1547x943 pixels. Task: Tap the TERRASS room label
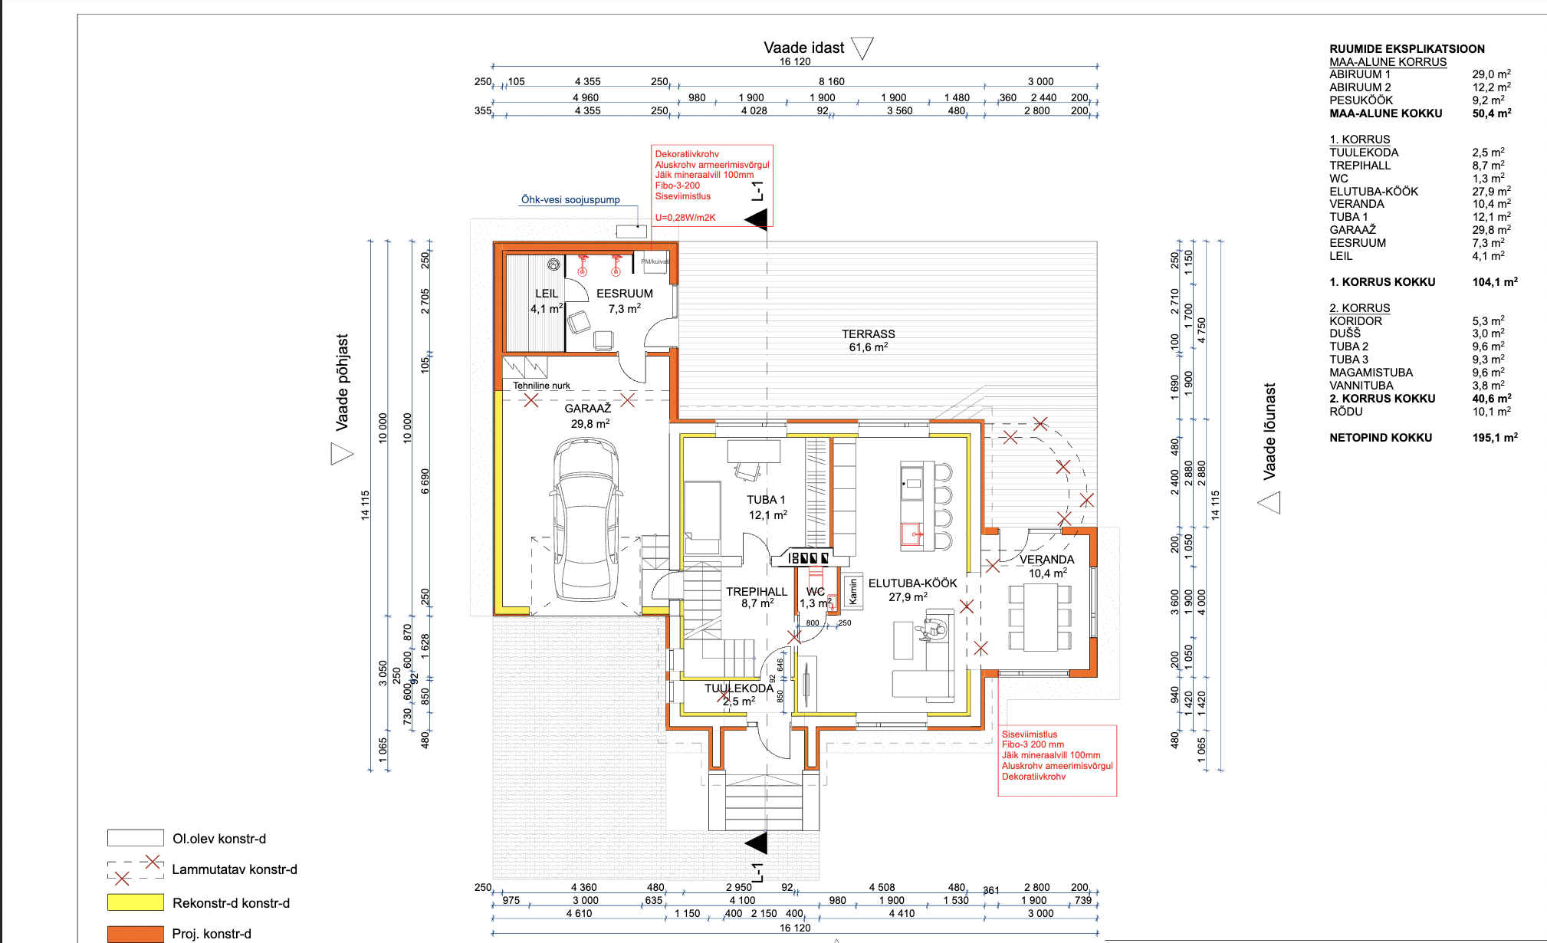pyautogui.click(x=868, y=334)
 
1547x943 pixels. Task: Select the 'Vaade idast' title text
pyautogui.click(x=803, y=48)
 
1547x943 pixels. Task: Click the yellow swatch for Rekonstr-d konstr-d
pyautogui.click(x=136, y=902)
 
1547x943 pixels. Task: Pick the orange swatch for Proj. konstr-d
pyautogui.click(x=136, y=934)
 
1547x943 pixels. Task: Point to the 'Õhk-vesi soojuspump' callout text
pyautogui.click(x=570, y=200)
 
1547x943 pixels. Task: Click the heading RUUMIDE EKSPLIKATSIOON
pyautogui.click(x=1407, y=49)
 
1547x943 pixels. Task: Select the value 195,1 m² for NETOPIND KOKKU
pyautogui.click(x=1494, y=438)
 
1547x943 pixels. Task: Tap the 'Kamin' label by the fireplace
pyautogui.click(x=853, y=591)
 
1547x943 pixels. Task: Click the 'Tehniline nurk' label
pyautogui.click(x=541, y=386)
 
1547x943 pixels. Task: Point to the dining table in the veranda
pyautogui.click(x=1040, y=616)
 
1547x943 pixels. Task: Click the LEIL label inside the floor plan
pyautogui.click(x=547, y=294)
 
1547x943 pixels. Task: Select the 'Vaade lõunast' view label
pyautogui.click(x=1269, y=432)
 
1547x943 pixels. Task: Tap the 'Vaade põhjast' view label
pyautogui.click(x=343, y=382)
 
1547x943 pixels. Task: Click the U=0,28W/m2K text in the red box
pyautogui.click(x=685, y=218)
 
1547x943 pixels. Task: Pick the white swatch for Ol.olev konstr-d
pyautogui.click(x=136, y=838)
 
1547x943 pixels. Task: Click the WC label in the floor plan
pyautogui.click(x=816, y=592)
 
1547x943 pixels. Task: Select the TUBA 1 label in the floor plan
pyautogui.click(x=766, y=500)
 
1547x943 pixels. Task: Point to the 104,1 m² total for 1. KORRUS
pyautogui.click(x=1494, y=282)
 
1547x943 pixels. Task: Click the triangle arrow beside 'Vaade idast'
pyautogui.click(x=862, y=48)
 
